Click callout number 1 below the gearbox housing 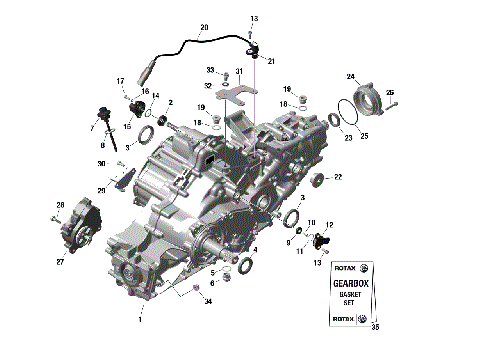point(140,320)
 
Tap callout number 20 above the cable point(204,27)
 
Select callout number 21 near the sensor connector point(270,61)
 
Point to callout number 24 point(351,76)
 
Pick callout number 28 point(59,205)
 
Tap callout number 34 point(208,301)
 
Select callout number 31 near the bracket point(238,71)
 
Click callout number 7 point(92,128)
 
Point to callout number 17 point(119,81)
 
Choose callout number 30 point(101,163)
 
